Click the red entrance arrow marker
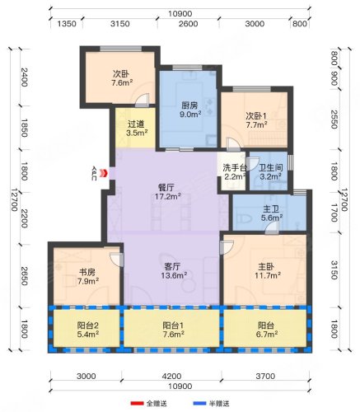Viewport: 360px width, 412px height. pyautogui.click(x=103, y=173)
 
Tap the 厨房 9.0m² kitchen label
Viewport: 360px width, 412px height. pyautogui.click(x=190, y=110)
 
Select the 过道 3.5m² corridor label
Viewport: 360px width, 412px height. pyautogui.click(x=137, y=129)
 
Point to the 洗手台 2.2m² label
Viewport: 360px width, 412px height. pyautogui.click(x=234, y=172)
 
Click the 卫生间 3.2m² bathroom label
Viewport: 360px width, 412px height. pyautogui.click(x=270, y=172)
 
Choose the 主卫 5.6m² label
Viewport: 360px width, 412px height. pyautogui.click(x=272, y=213)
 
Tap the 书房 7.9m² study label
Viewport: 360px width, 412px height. pyautogui.click(x=88, y=277)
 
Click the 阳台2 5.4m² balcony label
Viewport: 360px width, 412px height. pyautogui.click(x=88, y=330)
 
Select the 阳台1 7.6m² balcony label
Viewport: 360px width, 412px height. pyautogui.click(x=173, y=330)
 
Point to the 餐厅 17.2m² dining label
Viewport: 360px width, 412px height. pyautogui.click(x=166, y=192)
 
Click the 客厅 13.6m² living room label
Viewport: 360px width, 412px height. pyautogui.click(x=174, y=270)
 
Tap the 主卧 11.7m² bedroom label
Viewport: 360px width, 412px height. pyautogui.click(x=268, y=270)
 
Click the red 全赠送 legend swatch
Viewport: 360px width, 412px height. pyautogui.click(x=137, y=404)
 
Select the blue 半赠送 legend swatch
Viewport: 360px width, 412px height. pyautogui.click(x=199, y=404)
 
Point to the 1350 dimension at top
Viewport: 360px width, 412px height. pyautogui.click(x=67, y=24)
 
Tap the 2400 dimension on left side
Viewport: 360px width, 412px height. pyautogui.click(x=24, y=77)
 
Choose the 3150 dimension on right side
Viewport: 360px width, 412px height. pyautogui.click(x=334, y=270)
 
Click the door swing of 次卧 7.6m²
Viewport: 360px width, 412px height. pyautogui.click(x=143, y=100)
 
